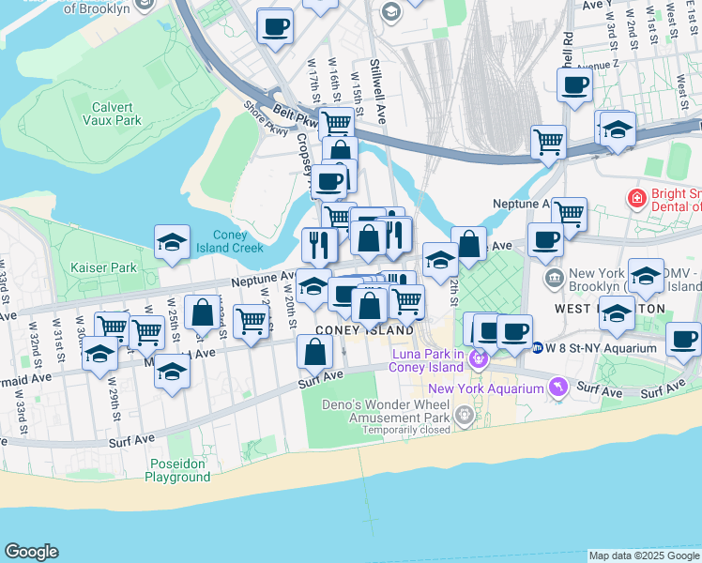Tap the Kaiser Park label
click(103, 267)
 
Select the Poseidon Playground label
click(177, 470)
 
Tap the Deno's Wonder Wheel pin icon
click(462, 413)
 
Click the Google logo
click(31, 552)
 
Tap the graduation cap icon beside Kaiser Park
click(172, 242)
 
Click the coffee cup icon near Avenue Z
click(574, 85)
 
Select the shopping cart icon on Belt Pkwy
click(335, 123)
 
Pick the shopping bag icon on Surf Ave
click(315, 352)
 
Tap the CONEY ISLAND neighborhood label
click(364, 331)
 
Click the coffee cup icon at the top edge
click(275, 26)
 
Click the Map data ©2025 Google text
click(644, 555)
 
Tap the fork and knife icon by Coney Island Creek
click(319, 244)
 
